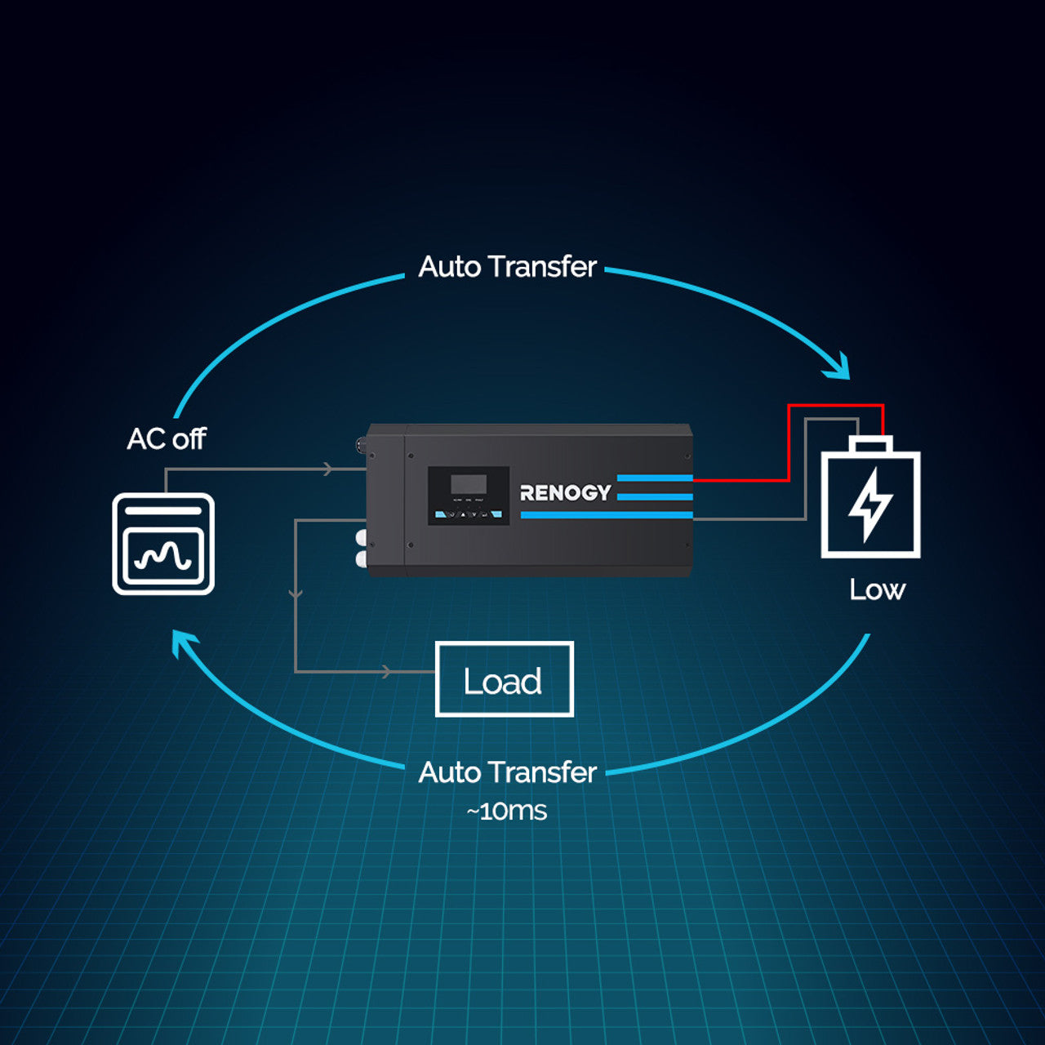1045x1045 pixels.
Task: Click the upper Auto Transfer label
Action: coord(507,267)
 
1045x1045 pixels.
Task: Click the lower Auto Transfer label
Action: coord(507,772)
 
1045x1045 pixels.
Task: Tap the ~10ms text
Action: coord(506,812)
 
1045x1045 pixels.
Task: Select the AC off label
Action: coord(167,439)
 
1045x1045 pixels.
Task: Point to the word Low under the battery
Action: coord(877,589)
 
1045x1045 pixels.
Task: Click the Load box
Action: coord(504,679)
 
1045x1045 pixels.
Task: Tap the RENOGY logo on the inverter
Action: coord(565,492)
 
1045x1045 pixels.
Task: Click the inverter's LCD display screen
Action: coord(469,483)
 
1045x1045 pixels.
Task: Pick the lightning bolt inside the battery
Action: coord(869,504)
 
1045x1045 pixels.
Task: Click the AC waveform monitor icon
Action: coord(163,544)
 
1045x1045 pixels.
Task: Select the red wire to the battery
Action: coord(788,441)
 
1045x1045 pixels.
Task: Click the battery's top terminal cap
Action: coord(870,444)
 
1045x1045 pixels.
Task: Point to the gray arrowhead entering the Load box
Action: coord(388,672)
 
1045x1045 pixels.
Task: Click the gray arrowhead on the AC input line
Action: coord(327,469)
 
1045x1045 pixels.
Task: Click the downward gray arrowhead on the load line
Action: coord(296,594)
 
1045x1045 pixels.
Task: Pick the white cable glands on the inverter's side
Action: coord(361,548)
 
